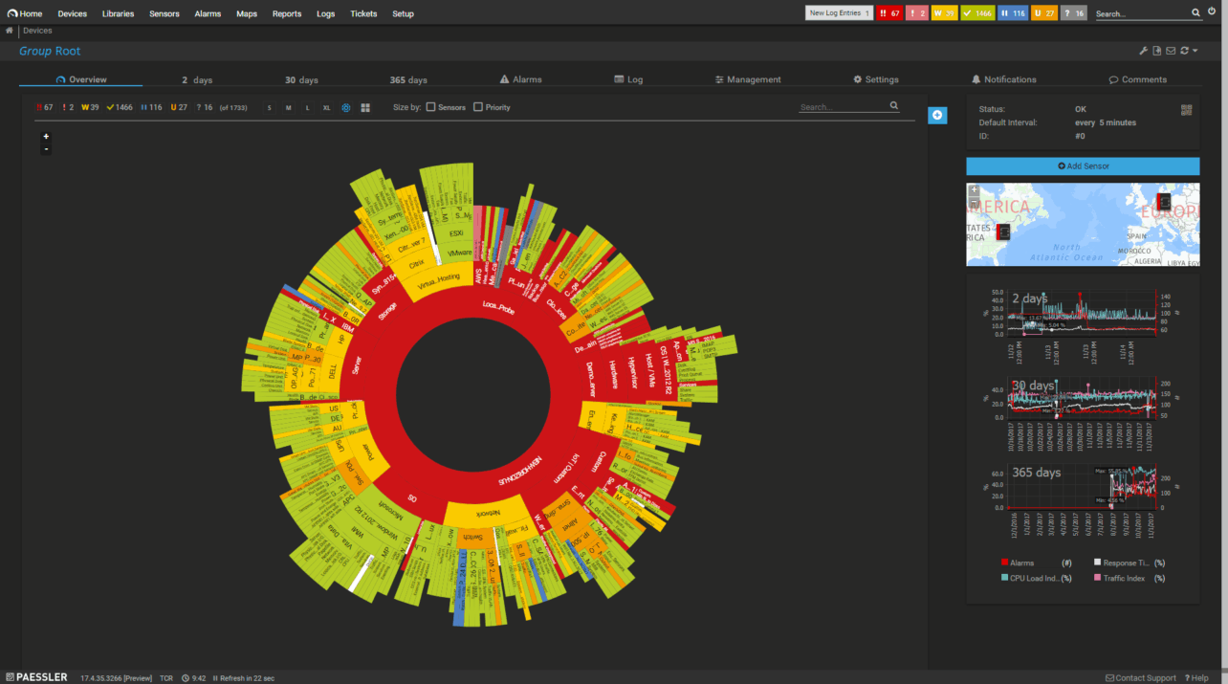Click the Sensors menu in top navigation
164,14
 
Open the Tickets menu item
363,14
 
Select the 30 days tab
301,80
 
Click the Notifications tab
1004,80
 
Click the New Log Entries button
839,13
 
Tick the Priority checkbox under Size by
478,107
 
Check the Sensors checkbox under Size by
431,107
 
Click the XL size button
327,108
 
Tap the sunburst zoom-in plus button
46,137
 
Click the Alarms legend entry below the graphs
1022,563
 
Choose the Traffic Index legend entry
1123,579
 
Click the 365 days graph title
1036,473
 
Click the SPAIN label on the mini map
1137,235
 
